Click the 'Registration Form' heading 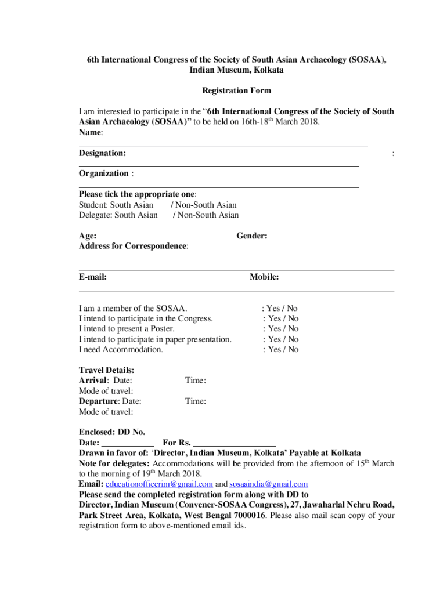(236, 91)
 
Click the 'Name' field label (90, 133)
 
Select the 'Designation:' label (102, 153)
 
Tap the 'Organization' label (104, 173)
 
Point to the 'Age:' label (88, 236)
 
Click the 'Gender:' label (252, 236)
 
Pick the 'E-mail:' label (93, 277)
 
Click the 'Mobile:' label (264, 277)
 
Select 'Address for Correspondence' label (133, 247)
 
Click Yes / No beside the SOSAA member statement (282, 309)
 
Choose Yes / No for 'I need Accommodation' (282, 350)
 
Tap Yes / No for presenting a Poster (282, 329)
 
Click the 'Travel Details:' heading (107, 370)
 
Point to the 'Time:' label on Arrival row (196, 381)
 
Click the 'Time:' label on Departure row (196, 401)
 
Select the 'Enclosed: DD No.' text (112, 432)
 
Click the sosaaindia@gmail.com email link (268, 484)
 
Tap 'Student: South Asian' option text (116, 205)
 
